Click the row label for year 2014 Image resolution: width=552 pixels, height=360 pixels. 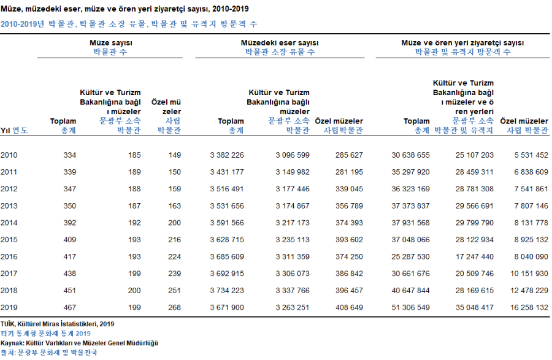pyautogui.click(x=9, y=223)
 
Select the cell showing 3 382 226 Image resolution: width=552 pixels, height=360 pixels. pyautogui.click(x=227, y=155)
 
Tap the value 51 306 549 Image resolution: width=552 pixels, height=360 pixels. pyautogui.click(x=410, y=308)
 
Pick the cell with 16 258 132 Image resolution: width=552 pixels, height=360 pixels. pyautogui.click(x=529, y=308)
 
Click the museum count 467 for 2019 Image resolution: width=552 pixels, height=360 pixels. pyautogui.click(x=70, y=308)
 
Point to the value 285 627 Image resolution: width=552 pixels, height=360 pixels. pyautogui.click(x=349, y=155)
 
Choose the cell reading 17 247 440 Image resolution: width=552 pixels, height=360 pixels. pyautogui.click(x=475, y=257)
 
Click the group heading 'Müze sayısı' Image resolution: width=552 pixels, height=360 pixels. pyautogui.click(x=111, y=43)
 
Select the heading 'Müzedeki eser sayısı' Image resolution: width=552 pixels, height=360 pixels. pyautogui.click(x=280, y=43)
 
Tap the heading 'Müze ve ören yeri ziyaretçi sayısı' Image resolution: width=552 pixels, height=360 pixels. pyautogui.click(x=462, y=43)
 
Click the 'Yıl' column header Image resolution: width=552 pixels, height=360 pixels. pyautogui.click(x=6, y=131)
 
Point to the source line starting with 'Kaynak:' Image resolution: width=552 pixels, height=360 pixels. pyautogui.click(x=79, y=343)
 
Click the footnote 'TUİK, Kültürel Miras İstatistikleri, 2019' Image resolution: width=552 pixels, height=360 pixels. pyautogui.click(x=58, y=324)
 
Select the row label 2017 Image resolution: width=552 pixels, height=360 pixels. pyautogui.click(x=9, y=274)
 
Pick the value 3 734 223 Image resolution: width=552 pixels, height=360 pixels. pyautogui.click(x=227, y=291)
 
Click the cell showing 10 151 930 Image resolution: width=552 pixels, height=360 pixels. pyautogui.click(x=529, y=274)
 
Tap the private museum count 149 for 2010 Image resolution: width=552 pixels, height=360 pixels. pyautogui.click(x=174, y=155)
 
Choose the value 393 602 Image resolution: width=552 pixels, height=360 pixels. pyautogui.click(x=349, y=240)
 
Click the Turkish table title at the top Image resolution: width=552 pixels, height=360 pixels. pyautogui.click(x=125, y=9)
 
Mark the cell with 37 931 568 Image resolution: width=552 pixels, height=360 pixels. pyautogui.click(x=410, y=223)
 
